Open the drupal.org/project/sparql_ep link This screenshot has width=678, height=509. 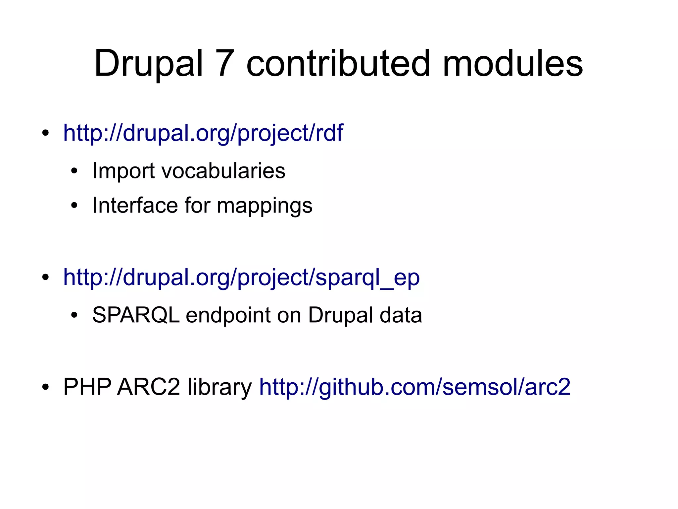click(241, 278)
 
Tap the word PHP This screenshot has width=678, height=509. click(87, 387)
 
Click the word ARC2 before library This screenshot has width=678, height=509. click(149, 387)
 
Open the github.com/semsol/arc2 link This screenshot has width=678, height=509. click(415, 387)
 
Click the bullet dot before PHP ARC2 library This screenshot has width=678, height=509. click(46, 387)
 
